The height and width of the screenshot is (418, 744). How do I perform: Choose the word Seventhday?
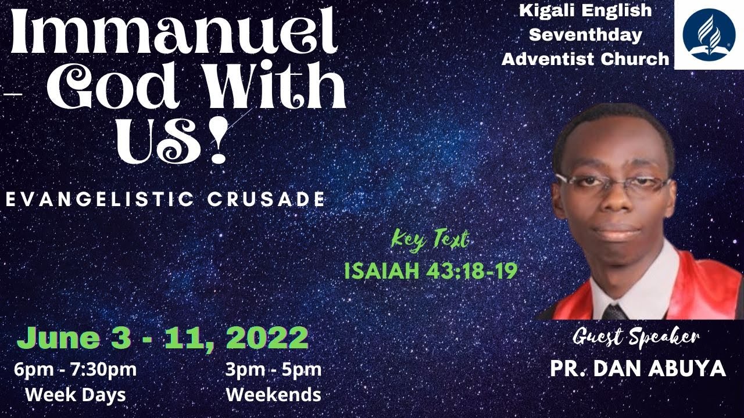coord(586,34)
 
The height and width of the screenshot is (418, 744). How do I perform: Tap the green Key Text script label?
coord(430,239)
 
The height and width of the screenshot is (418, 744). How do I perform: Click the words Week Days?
coord(76,395)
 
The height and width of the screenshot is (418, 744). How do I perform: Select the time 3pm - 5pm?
coord(273,369)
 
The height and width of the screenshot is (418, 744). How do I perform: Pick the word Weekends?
coord(273,395)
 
